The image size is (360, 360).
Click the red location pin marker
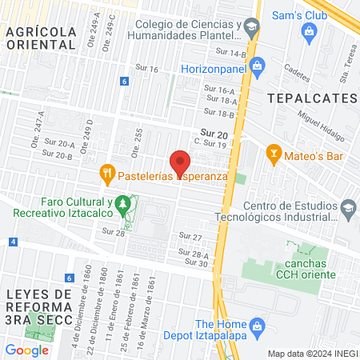[181, 160]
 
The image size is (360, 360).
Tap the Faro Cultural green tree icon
[122, 206]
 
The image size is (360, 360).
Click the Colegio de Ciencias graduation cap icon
[252, 28]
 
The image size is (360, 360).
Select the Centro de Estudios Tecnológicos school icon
[347, 210]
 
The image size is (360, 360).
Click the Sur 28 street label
[114, 232]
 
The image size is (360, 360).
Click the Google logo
[26, 350]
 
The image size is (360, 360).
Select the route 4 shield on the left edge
[13, 241]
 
